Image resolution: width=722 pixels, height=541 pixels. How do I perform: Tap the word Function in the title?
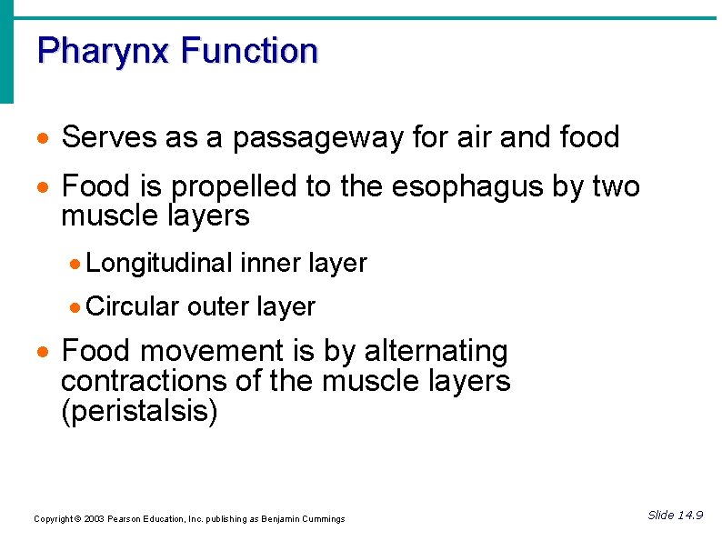[249, 50]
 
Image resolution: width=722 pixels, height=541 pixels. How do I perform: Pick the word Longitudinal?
[160, 264]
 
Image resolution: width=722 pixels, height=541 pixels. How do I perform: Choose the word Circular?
[133, 307]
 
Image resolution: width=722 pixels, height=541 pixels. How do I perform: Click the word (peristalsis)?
[139, 411]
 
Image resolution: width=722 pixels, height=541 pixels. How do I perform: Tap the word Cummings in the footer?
[324, 519]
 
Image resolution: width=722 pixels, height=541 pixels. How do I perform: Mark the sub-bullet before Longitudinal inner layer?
[76, 265]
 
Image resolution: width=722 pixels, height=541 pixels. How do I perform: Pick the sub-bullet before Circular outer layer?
[76, 308]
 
